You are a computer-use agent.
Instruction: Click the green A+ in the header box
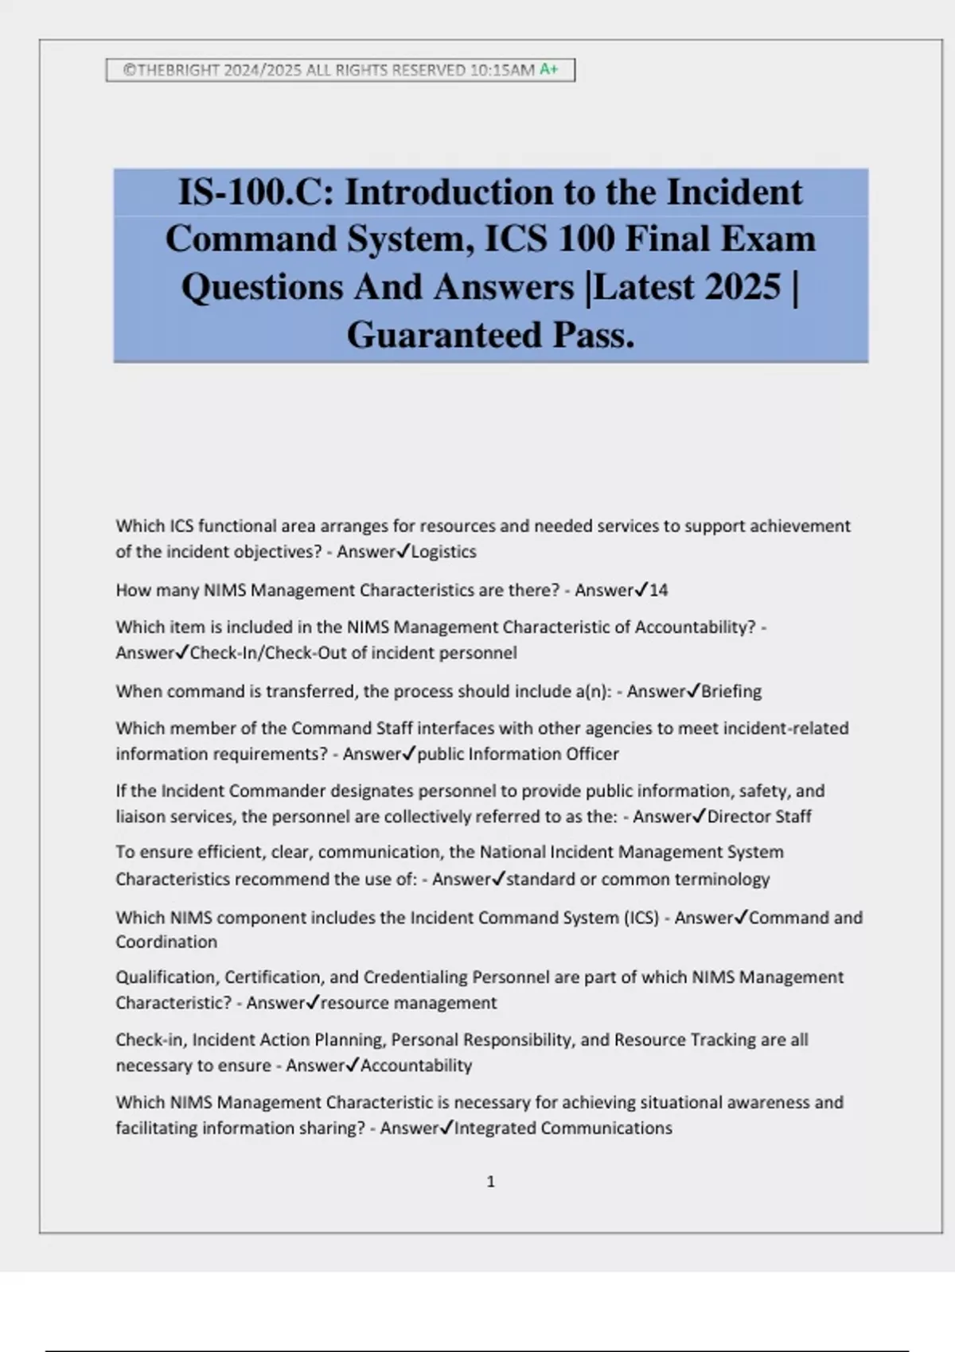click(549, 69)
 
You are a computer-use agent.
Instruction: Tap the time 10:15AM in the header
click(502, 70)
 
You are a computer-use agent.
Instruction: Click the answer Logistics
click(443, 552)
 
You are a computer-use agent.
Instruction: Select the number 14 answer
click(658, 590)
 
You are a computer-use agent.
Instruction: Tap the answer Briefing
click(731, 691)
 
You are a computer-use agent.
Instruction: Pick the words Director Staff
click(759, 816)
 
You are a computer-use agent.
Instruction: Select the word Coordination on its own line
click(166, 942)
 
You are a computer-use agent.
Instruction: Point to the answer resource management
click(408, 1003)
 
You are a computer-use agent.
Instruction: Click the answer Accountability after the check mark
click(416, 1066)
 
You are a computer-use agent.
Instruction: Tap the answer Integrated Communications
click(563, 1128)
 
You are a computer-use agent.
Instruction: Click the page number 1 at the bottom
click(490, 1182)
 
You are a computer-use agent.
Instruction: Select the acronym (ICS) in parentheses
click(642, 918)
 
